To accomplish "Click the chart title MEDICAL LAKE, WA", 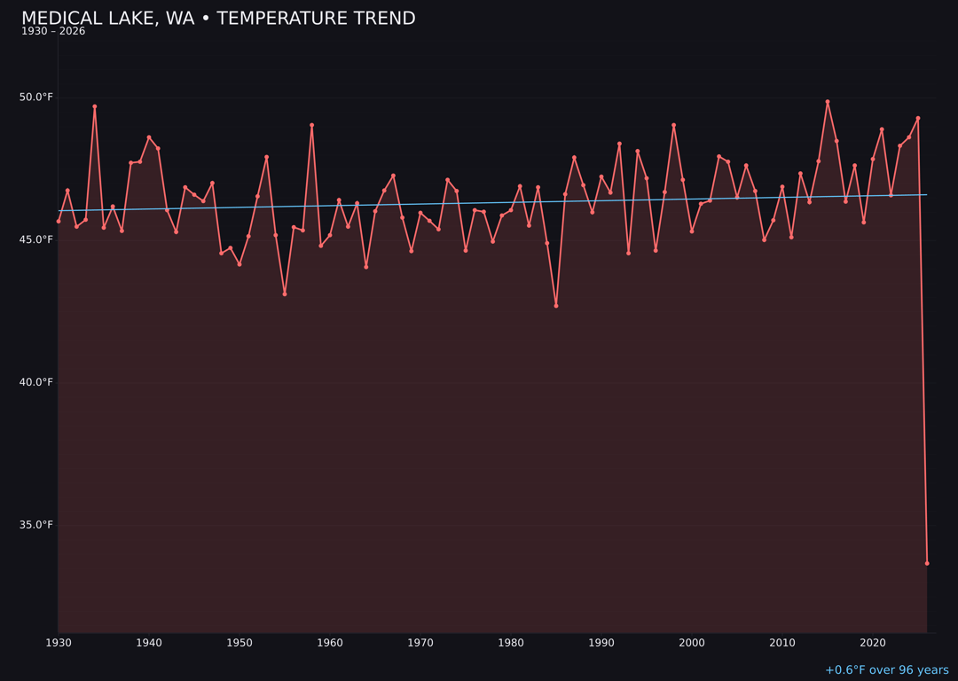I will tap(217, 19).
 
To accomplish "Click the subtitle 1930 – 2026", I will tap(53, 32).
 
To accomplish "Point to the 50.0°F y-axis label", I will tap(36, 97).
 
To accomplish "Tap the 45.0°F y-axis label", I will tap(36, 239).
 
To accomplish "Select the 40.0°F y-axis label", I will tap(36, 382).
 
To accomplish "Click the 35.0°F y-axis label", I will tap(36, 525).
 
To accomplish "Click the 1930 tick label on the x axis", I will tap(59, 643).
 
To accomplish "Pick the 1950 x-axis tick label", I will tap(239, 643).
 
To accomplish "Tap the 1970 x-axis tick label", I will tap(420, 643).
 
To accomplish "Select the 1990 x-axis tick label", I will tap(601, 643).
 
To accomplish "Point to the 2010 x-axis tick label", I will tap(782, 643).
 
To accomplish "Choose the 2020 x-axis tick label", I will tap(873, 643).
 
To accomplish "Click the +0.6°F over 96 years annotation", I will tap(886, 670).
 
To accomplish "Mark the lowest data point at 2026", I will tap(927, 563).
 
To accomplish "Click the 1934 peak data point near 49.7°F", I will tap(95, 106).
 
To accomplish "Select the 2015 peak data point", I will tap(828, 102).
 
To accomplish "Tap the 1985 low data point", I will tap(556, 305).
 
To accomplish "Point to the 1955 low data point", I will tap(285, 294).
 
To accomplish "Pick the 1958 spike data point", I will tap(312, 125).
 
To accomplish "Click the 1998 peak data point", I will tap(673, 125).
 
